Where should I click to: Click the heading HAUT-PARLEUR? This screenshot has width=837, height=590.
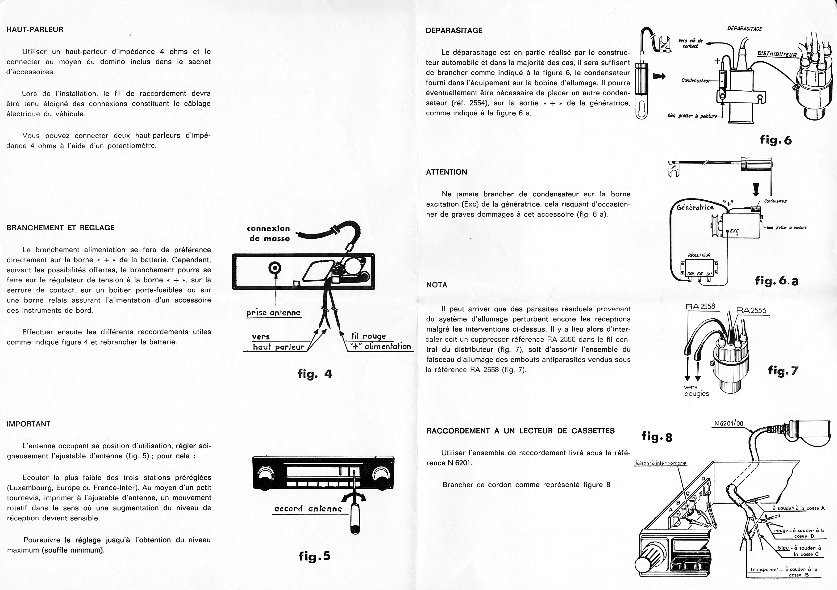[x=35, y=29]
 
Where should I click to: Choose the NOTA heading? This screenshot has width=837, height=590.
[x=436, y=285]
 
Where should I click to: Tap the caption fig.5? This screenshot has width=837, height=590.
[x=314, y=556]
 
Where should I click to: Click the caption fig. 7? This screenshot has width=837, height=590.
[x=783, y=371]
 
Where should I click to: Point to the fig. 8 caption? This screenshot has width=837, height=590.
[x=657, y=437]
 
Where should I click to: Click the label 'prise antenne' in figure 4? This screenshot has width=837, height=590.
[x=273, y=313]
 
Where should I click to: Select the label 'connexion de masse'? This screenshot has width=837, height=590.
[x=268, y=233]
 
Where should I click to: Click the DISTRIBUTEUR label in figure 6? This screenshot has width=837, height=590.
[x=777, y=53]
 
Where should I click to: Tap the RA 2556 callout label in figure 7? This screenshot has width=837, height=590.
[x=751, y=311]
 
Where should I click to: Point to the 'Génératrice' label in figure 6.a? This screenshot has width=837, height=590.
[x=695, y=207]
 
